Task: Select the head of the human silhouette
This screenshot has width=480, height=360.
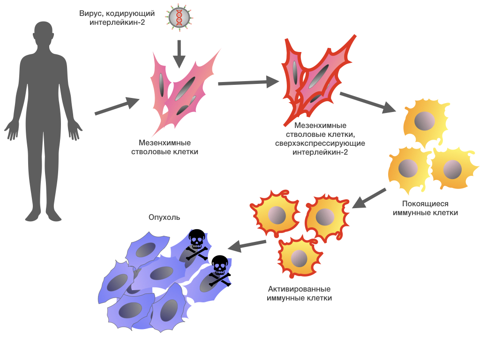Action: pos(43,34)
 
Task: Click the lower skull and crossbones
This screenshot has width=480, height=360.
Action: pos(219,271)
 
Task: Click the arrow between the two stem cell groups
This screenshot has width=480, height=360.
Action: pos(249,83)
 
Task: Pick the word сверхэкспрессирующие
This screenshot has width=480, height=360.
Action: pos(320,143)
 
